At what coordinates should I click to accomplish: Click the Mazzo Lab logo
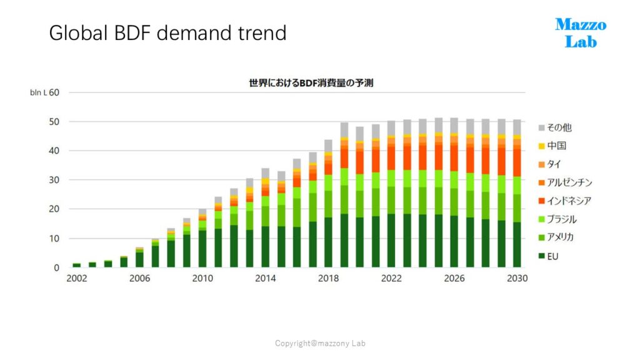(x=581, y=33)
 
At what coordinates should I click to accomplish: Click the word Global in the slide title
(x=78, y=33)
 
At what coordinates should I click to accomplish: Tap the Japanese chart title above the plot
(x=311, y=83)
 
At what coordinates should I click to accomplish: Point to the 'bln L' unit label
(x=38, y=92)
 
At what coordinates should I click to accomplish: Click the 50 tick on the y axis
(x=54, y=122)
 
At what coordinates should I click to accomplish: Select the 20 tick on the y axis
(x=54, y=209)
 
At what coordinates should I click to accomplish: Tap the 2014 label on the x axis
(x=265, y=278)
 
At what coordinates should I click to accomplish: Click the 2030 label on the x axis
(x=517, y=278)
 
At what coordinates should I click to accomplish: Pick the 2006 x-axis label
(x=139, y=278)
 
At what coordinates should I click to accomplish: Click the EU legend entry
(x=548, y=256)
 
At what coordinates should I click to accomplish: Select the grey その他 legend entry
(x=555, y=127)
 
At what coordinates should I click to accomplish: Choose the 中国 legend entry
(x=552, y=146)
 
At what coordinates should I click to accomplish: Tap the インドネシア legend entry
(x=565, y=201)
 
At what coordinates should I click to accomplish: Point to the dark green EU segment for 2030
(x=517, y=245)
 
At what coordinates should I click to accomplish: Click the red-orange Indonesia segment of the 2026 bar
(x=454, y=158)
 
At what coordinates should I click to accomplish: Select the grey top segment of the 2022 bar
(x=391, y=128)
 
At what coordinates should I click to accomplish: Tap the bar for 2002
(x=77, y=265)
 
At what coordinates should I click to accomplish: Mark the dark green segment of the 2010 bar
(x=202, y=249)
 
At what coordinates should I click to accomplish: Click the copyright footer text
(x=320, y=343)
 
